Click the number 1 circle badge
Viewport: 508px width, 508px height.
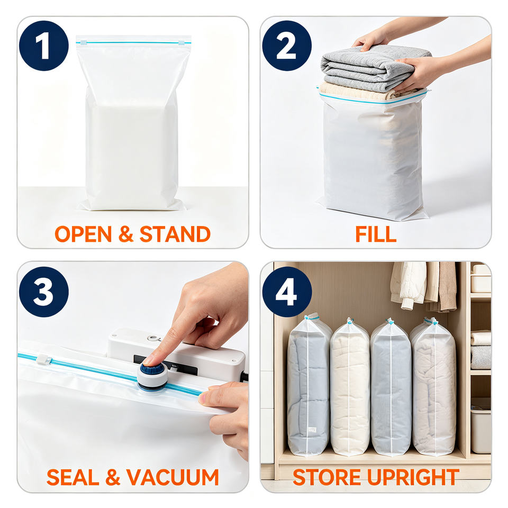pos(44,46)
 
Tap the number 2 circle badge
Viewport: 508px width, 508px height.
pos(287,46)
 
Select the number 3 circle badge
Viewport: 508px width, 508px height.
pos(44,292)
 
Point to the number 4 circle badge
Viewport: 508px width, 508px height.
pos(287,292)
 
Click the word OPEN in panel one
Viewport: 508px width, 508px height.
pos(83,234)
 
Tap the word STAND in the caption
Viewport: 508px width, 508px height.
pos(175,234)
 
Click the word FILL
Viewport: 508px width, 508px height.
pos(376,234)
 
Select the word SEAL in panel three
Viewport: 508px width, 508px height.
pos(72,477)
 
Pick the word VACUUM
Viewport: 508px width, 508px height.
pos(173,477)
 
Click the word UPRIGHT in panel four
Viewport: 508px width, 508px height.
pos(413,477)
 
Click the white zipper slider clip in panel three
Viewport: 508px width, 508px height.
pos(44,359)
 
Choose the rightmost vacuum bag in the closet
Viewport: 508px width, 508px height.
pos(433,386)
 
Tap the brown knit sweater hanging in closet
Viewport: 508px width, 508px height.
pos(447,286)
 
